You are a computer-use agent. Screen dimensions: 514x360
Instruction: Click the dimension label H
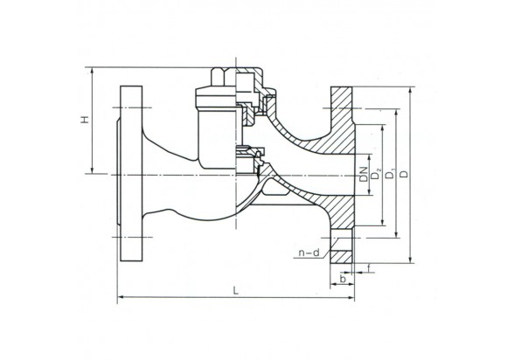tap(86, 121)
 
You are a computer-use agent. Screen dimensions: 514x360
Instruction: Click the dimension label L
tap(235, 290)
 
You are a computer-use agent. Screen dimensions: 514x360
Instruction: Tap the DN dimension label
tap(363, 174)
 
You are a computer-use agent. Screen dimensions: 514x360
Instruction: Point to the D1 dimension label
tap(390, 174)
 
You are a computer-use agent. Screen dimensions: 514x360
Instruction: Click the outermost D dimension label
tap(406, 174)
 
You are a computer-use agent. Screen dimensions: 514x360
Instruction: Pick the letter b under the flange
tap(343, 279)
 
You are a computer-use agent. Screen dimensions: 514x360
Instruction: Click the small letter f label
tap(369, 270)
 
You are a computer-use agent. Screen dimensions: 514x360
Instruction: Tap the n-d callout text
tap(309, 253)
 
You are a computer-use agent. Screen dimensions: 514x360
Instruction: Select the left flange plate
tap(131, 173)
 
